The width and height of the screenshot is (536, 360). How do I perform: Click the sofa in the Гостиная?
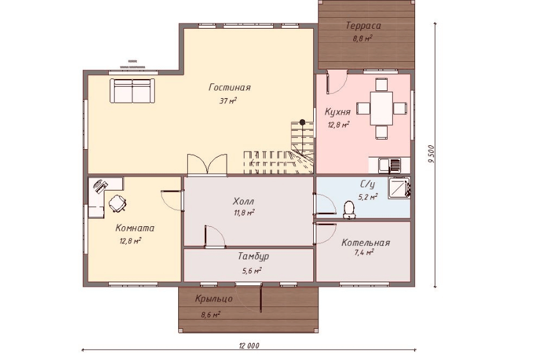tap(132, 90)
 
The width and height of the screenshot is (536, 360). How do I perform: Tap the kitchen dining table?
tap(381, 108)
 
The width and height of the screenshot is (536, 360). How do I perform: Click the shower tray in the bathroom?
tap(399, 188)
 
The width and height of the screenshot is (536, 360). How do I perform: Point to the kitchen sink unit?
tap(390, 165)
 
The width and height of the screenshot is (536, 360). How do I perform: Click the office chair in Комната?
tap(117, 203)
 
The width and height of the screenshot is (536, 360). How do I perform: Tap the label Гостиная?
tap(229, 87)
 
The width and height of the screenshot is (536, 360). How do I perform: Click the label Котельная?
tap(365, 243)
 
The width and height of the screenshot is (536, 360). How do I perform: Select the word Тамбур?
tap(253, 256)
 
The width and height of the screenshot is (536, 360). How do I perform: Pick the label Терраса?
tap(363, 25)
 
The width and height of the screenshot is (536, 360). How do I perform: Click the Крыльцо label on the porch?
tap(214, 299)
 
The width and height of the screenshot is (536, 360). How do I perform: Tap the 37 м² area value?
tap(228, 101)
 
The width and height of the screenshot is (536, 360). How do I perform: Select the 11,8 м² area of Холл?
tap(244, 213)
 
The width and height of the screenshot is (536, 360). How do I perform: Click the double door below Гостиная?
tap(207, 165)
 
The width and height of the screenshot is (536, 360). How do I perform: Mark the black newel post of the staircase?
tap(302, 122)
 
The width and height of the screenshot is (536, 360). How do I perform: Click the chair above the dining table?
tap(381, 84)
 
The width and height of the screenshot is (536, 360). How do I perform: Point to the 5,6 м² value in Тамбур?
tap(252, 271)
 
